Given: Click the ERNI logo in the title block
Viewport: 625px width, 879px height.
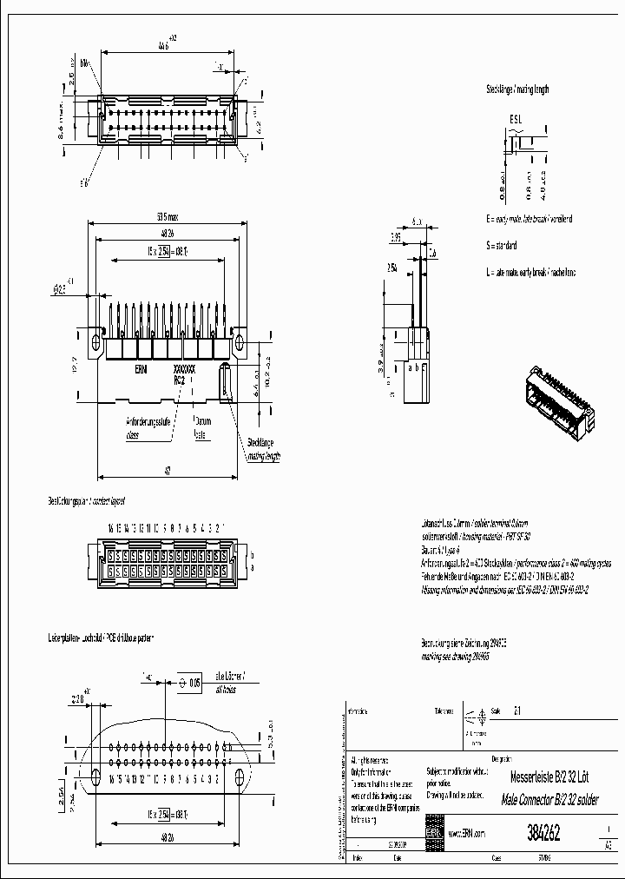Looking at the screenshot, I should pyautogui.click(x=433, y=833).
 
